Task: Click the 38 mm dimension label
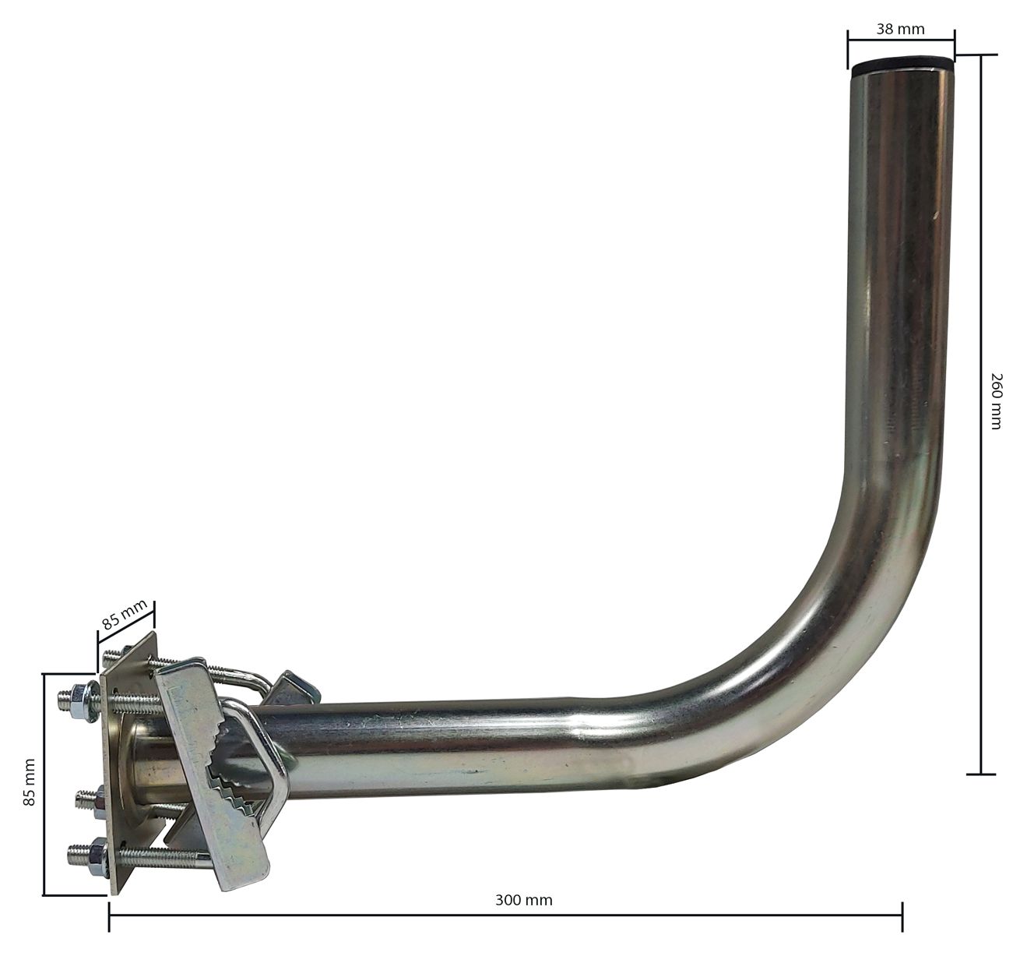click(x=900, y=29)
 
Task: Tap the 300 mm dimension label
click(x=524, y=900)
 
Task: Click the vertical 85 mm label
click(x=30, y=781)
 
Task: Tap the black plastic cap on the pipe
click(x=902, y=66)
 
